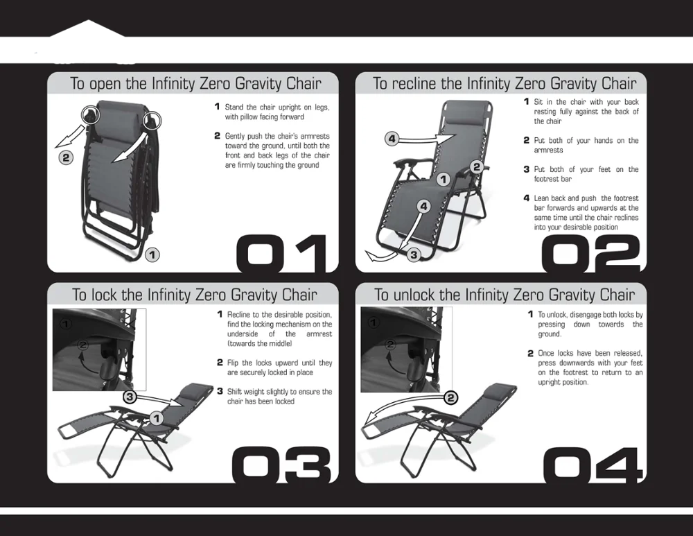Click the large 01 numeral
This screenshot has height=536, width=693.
pyautogui.click(x=282, y=253)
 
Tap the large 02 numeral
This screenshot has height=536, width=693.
pyautogui.click(x=590, y=253)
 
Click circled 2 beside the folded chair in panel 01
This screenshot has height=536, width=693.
pyautogui.click(x=66, y=157)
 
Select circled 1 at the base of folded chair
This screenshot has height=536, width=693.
pyautogui.click(x=152, y=254)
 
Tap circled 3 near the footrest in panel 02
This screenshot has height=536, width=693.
pyautogui.click(x=414, y=254)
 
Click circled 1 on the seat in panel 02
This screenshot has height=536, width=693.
pyautogui.click(x=444, y=180)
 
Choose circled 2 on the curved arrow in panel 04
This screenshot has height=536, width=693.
pyautogui.click(x=450, y=397)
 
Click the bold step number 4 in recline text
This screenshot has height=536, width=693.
pyautogui.click(x=527, y=198)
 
